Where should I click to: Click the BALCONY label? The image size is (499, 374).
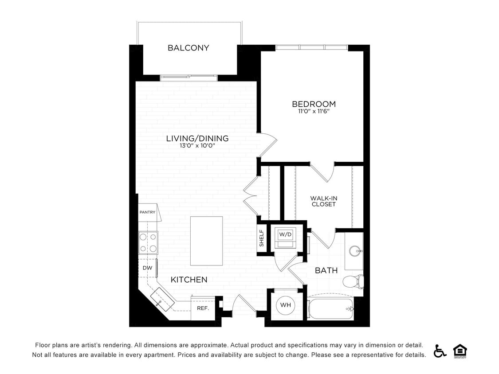coord(188,48)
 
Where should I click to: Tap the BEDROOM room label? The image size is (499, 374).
coord(314,104)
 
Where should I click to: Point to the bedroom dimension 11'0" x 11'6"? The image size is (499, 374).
coord(314,112)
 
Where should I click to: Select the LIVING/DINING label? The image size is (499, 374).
coord(197,138)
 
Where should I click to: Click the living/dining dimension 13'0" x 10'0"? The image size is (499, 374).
coord(197,146)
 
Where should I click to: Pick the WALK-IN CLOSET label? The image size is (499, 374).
coord(323,201)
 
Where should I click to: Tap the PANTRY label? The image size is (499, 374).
coord(147,212)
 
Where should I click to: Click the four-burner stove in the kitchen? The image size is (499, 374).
coord(148,242)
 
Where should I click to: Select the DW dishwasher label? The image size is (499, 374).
coord(147,268)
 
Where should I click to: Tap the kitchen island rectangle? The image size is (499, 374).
coord(206,241)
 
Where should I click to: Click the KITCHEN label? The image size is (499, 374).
coord(189,280)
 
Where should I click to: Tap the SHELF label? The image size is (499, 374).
coord(262,238)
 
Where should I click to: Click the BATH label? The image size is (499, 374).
coord(326,270)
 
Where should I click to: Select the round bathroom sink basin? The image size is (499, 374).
coord(355,251)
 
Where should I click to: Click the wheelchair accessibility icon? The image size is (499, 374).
coord(440,351)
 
